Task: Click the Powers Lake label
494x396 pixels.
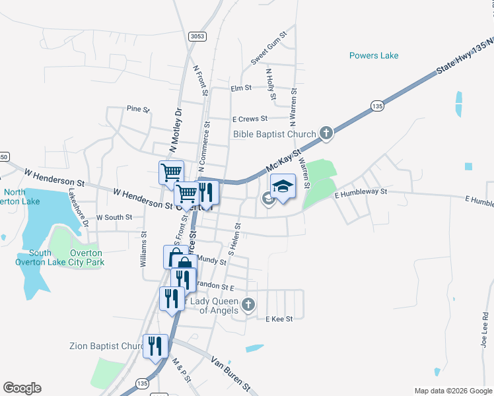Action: point(374,55)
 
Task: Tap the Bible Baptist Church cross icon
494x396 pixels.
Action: point(326,134)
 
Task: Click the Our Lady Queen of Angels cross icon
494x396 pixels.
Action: point(248,304)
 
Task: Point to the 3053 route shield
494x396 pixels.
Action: point(195,36)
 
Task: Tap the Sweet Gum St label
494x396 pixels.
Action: point(268,48)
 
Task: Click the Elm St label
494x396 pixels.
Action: point(241,88)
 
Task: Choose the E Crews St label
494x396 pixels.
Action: point(250,119)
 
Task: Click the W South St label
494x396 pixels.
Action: point(114,216)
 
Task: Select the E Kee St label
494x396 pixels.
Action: point(278,319)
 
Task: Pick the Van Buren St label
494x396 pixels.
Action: point(230,372)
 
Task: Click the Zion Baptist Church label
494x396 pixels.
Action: point(107,346)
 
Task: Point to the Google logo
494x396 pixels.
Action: point(22,388)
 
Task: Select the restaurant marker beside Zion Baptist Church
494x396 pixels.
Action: point(156,345)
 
